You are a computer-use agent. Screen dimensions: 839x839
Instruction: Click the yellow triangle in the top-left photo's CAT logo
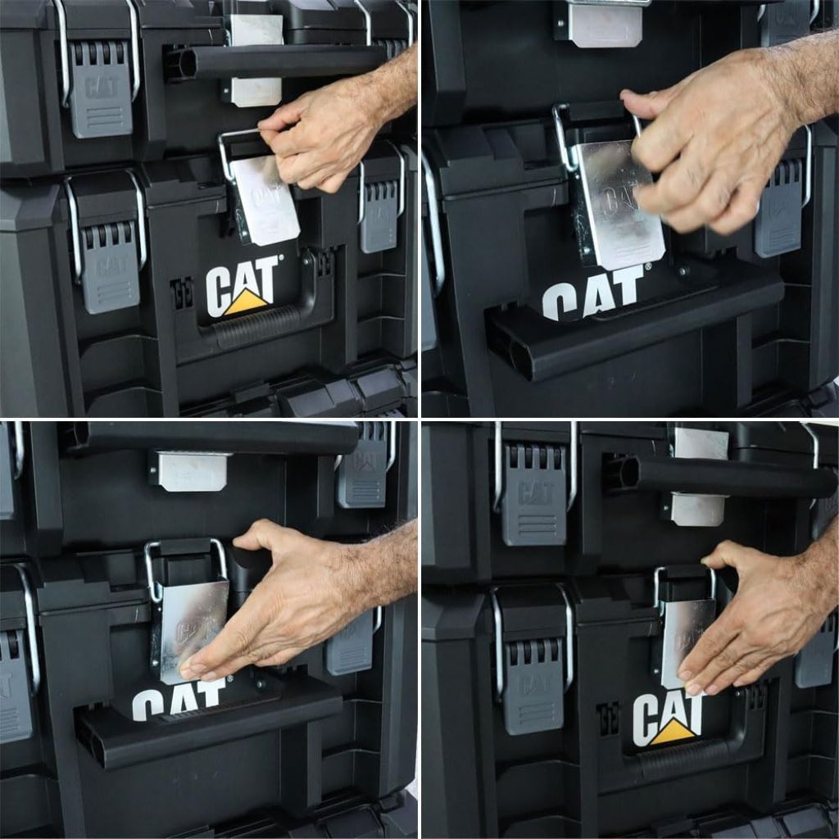point(246,302)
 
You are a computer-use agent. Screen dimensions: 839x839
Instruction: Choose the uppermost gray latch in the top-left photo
point(100,90)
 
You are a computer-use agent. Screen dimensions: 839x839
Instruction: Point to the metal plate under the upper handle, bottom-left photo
point(193,471)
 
